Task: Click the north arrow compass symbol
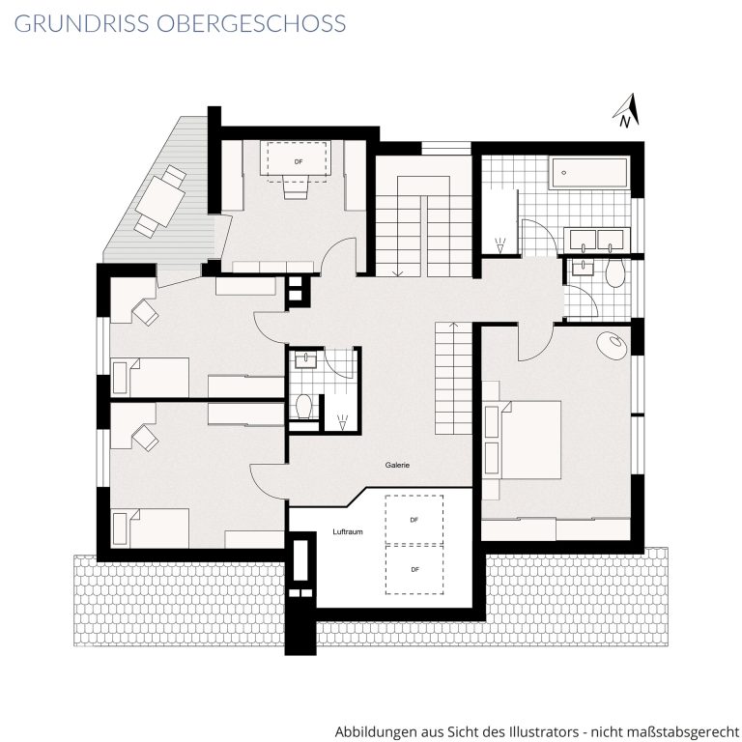point(627,111)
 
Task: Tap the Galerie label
point(397,465)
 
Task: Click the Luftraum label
point(348,532)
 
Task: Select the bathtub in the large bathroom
point(589,173)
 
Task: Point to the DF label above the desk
point(299,162)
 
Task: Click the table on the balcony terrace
point(159,201)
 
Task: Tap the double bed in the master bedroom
point(522,441)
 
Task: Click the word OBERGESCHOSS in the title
point(251,23)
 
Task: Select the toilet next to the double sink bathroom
point(615,273)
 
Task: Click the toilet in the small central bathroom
point(303,407)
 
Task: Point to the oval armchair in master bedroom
point(614,346)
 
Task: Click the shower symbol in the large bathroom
point(499,245)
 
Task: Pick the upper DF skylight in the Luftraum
point(414,520)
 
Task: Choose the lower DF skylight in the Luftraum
point(414,570)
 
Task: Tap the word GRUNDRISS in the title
point(82,23)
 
